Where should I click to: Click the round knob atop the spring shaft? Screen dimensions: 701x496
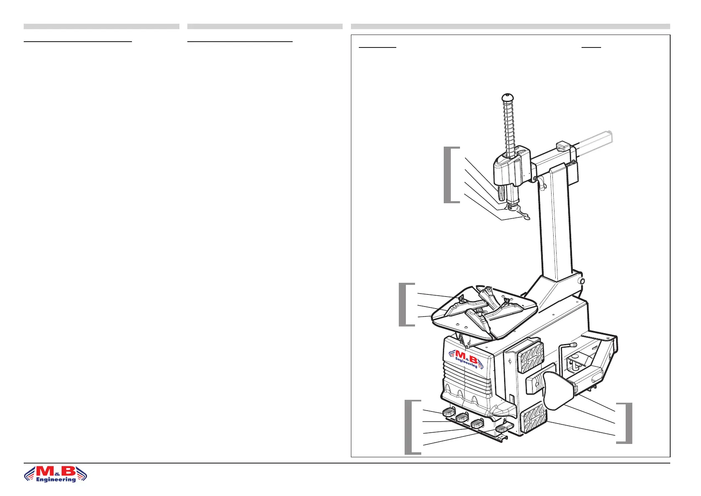(506, 98)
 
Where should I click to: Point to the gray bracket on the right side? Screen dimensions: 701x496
(628, 423)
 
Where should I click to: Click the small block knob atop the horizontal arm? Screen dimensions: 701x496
(563, 147)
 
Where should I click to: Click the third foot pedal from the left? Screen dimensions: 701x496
(477, 424)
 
